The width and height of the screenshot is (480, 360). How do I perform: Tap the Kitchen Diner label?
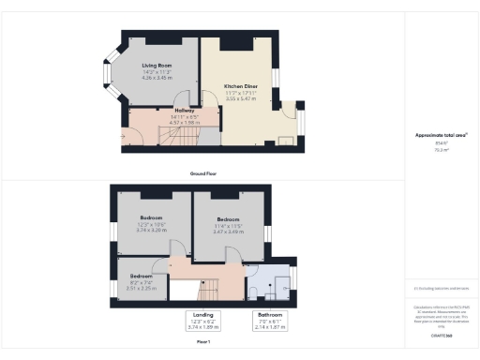(240, 86)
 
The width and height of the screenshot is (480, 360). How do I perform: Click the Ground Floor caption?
(204, 174)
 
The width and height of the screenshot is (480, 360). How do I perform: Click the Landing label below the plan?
(203, 315)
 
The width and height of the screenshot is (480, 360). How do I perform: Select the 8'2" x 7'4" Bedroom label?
(142, 277)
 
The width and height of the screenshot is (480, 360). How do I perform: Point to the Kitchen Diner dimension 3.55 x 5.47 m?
(240, 97)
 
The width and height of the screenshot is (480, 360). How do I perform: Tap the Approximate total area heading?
(441, 135)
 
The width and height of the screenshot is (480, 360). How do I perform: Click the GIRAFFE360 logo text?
(442, 335)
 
